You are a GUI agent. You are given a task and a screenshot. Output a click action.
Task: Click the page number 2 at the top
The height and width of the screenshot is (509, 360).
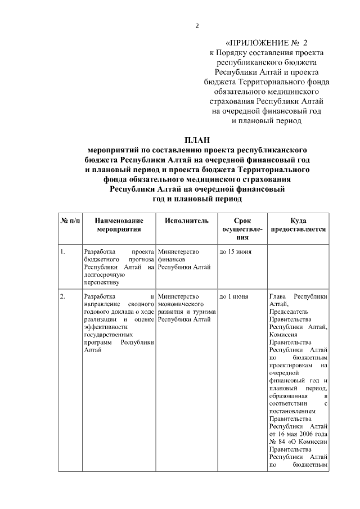click(x=197, y=26)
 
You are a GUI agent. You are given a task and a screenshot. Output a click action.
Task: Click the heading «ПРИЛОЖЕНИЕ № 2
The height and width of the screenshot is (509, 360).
click(x=267, y=42)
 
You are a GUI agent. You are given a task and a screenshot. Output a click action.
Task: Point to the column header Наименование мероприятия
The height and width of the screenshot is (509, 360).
click(x=119, y=225)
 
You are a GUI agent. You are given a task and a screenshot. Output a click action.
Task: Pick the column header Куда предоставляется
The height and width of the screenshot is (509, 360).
click(x=298, y=225)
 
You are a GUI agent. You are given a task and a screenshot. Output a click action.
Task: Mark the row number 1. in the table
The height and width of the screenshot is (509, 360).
click(x=64, y=251)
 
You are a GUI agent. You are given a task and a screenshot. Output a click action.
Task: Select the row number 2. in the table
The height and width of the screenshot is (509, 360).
click(x=64, y=296)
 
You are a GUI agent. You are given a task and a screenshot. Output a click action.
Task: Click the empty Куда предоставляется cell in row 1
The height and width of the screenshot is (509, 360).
click(x=298, y=267)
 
